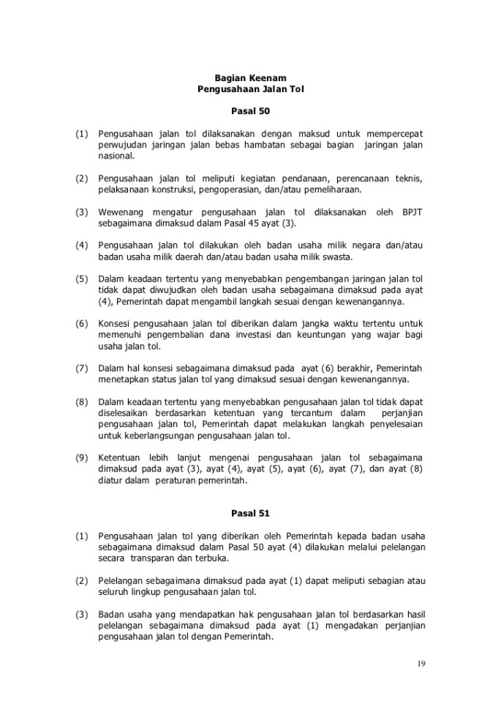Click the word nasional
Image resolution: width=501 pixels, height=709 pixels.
coord(116,156)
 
